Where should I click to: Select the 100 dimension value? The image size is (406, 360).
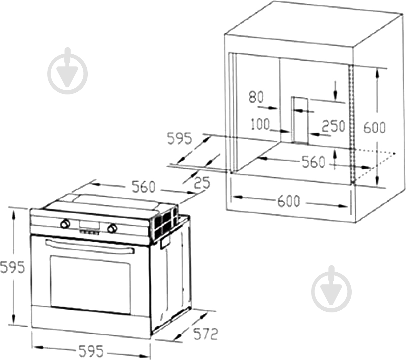[260, 124]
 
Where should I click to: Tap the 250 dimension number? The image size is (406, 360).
[333, 126]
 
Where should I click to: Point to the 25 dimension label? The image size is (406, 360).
[202, 183]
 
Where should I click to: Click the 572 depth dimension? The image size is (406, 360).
[205, 334]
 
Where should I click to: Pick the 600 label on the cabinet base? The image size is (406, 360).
[289, 201]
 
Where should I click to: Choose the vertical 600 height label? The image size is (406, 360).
[374, 128]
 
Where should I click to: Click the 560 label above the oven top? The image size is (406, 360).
[143, 187]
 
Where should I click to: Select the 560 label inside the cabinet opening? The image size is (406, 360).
[313, 162]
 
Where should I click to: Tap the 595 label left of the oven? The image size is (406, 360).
[12, 267]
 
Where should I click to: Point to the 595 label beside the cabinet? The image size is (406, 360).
[179, 138]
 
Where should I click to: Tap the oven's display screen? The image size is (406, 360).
[89, 225]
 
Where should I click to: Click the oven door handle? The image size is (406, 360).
[89, 246]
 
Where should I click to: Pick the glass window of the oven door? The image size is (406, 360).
[90, 285]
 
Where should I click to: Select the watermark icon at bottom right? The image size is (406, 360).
[331, 289]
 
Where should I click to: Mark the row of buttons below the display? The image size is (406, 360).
[89, 232]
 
